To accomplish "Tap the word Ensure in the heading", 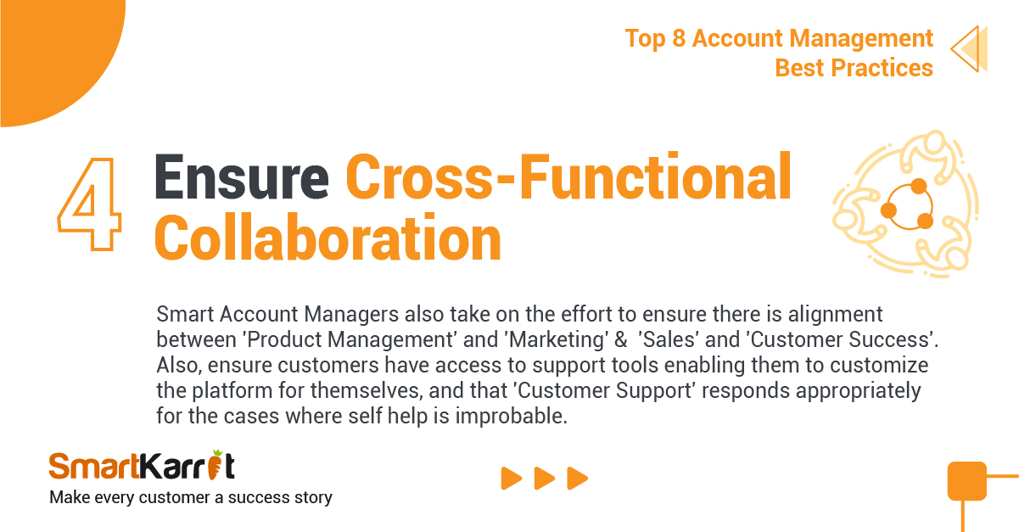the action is [x=242, y=177].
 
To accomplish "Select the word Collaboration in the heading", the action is [x=328, y=238].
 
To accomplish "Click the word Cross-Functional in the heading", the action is [x=568, y=176].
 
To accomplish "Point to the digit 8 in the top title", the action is [x=679, y=38].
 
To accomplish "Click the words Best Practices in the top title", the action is [x=854, y=68].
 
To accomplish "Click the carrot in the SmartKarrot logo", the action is [x=215, y=465].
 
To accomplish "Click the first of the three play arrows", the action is [x=511, y=479].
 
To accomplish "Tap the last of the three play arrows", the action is [x=577, y=479].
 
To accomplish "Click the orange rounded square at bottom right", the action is [x=967, y=481].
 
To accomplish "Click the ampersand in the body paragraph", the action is [x=621, y=339].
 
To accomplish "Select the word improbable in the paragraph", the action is [x=512, y=416].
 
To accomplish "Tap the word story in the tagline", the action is [x=313, y=497].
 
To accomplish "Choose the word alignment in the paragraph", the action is [x=835, y=315].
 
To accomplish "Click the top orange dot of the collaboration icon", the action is [x=919, y=186].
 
